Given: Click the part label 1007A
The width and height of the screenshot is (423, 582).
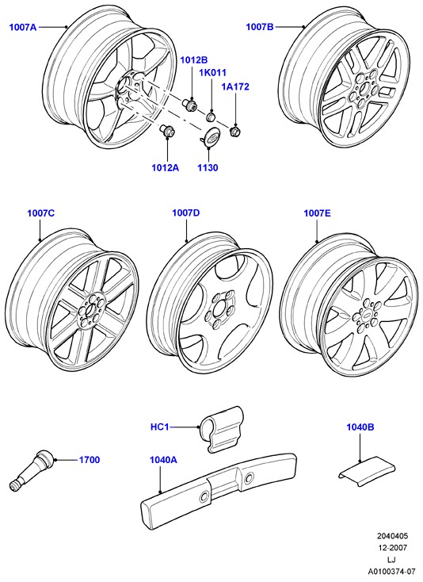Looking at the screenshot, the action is point(23,27).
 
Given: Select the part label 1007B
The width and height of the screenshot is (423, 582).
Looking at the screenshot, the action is point(260,27).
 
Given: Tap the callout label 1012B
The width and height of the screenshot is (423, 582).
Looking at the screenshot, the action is point(194,60).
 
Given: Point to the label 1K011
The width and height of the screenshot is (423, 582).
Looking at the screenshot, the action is point(213,73).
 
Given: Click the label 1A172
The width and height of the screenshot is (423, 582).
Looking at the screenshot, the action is point(235,87).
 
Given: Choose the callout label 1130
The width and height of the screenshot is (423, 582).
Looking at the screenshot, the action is point(208,168).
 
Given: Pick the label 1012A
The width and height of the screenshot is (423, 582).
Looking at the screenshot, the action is point(166,168).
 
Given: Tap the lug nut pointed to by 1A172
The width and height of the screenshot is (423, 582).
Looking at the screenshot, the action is point(234,131).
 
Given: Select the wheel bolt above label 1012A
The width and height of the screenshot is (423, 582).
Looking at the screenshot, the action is point(168,131).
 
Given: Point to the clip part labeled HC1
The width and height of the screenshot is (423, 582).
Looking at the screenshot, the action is point(222,429).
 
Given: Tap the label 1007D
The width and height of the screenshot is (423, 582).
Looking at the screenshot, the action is point(185,213).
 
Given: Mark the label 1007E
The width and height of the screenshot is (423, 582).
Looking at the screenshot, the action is point(318,213).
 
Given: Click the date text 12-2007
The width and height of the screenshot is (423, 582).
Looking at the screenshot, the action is point(393,548).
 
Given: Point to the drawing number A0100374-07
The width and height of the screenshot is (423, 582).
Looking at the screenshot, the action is point(391,571).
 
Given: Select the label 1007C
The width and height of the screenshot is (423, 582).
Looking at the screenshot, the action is point(40,213).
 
